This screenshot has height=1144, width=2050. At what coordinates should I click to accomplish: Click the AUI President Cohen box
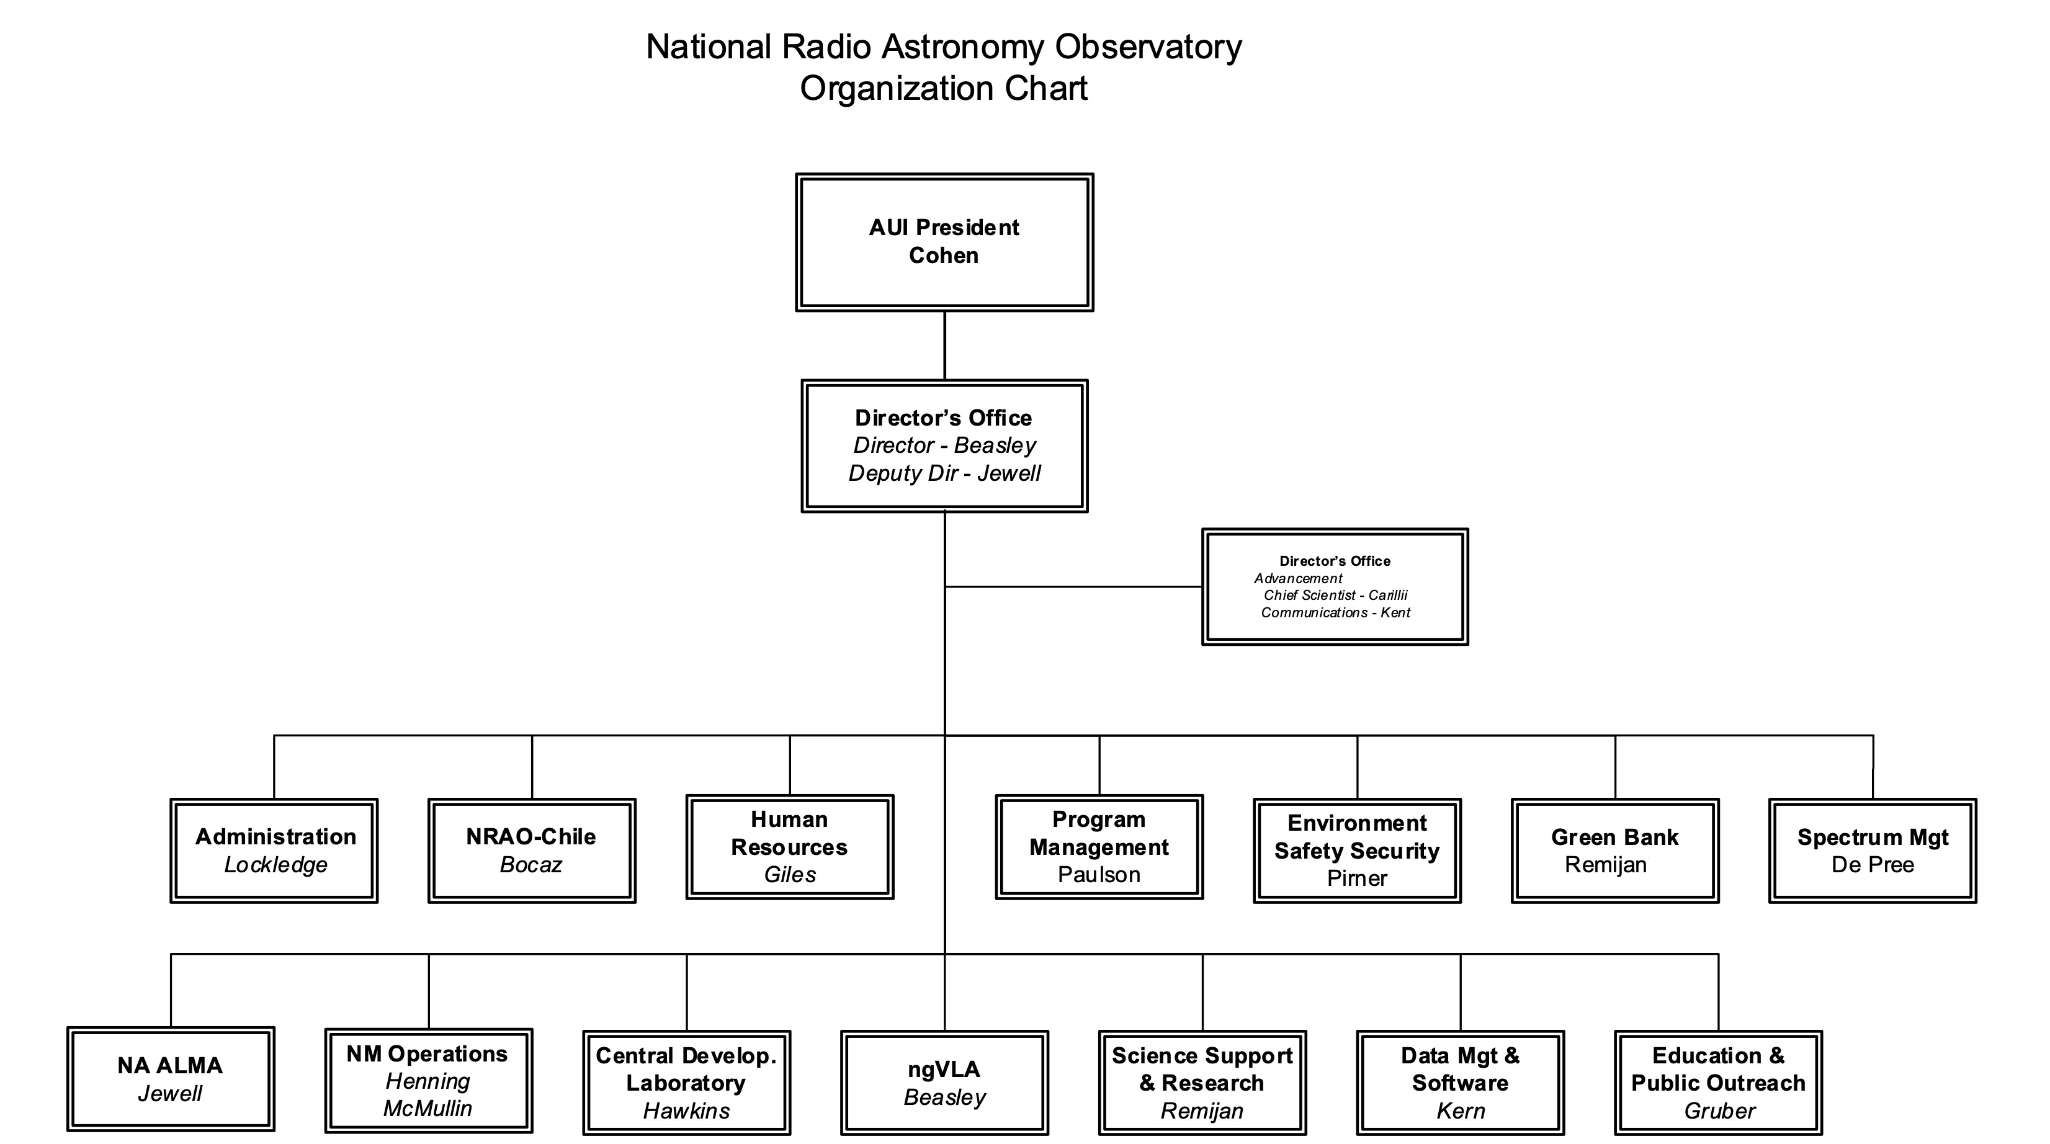point(944,242)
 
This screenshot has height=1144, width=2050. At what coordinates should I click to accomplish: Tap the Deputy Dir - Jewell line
point(944,473)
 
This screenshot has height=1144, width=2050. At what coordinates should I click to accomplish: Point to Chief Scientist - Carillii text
point(1335,595)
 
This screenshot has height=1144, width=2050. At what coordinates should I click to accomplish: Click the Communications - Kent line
point(1335,612)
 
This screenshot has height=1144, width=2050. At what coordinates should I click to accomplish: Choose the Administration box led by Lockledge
point(274,851)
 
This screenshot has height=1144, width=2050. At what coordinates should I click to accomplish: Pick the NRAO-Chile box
point(532,851)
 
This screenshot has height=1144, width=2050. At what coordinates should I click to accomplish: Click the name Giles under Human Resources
point(789,875)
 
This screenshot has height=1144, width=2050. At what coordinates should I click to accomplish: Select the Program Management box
point(1099,847)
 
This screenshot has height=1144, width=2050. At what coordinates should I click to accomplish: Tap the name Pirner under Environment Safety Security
point(1357,878)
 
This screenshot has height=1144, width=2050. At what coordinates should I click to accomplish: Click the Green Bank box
point(1614,851)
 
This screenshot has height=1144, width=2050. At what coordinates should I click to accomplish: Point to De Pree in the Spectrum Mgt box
point(1873,865)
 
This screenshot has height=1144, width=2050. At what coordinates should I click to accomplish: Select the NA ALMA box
point(170,1079)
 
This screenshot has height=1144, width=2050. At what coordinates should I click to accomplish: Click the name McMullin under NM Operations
point(427,1108)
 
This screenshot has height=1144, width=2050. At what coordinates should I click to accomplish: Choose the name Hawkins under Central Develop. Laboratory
point(686,1110)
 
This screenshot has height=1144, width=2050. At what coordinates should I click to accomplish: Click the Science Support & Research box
point(1202,1083)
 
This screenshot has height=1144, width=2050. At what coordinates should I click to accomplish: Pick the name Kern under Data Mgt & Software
point(1461,1110)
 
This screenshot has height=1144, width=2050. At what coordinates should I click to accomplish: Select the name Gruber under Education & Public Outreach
point(1719,1110)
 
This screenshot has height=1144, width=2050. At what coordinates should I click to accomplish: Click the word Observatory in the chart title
point(1148,47)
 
